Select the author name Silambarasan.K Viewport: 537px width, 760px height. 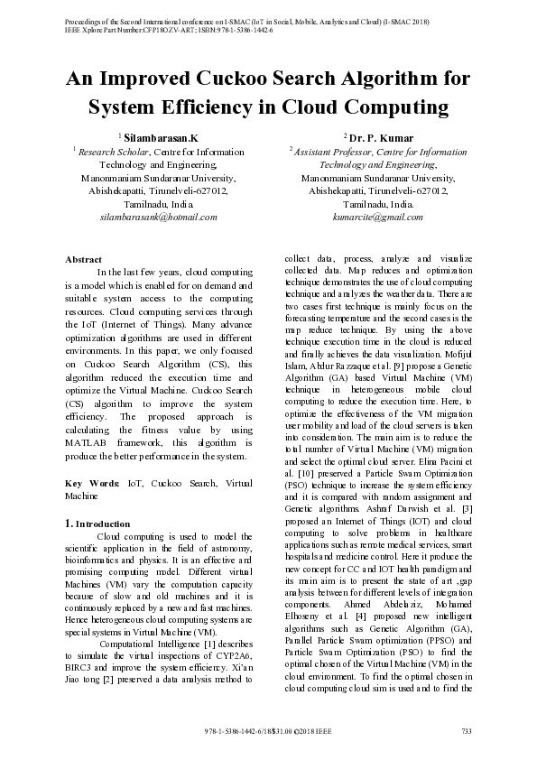(x=161, y=138)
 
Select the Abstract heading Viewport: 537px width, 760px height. (x=83, y=259)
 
